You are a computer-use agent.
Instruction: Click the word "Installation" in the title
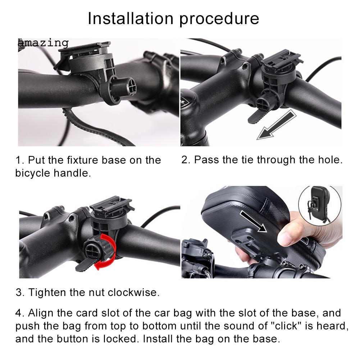pos(131,18)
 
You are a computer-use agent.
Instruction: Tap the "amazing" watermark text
pos(43,43)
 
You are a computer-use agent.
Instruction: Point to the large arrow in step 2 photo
pos(277,125)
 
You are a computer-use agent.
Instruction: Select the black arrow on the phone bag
pos(253,222)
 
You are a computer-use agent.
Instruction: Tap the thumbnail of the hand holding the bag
pos(262,232)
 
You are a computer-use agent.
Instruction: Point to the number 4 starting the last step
pos(19,313)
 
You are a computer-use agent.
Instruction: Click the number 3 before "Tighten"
pos(19,292)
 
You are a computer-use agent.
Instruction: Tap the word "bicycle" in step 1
pos(33,173)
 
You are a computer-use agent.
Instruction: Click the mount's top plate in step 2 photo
pos(282,61)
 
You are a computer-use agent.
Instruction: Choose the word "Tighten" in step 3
pos(47,292)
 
